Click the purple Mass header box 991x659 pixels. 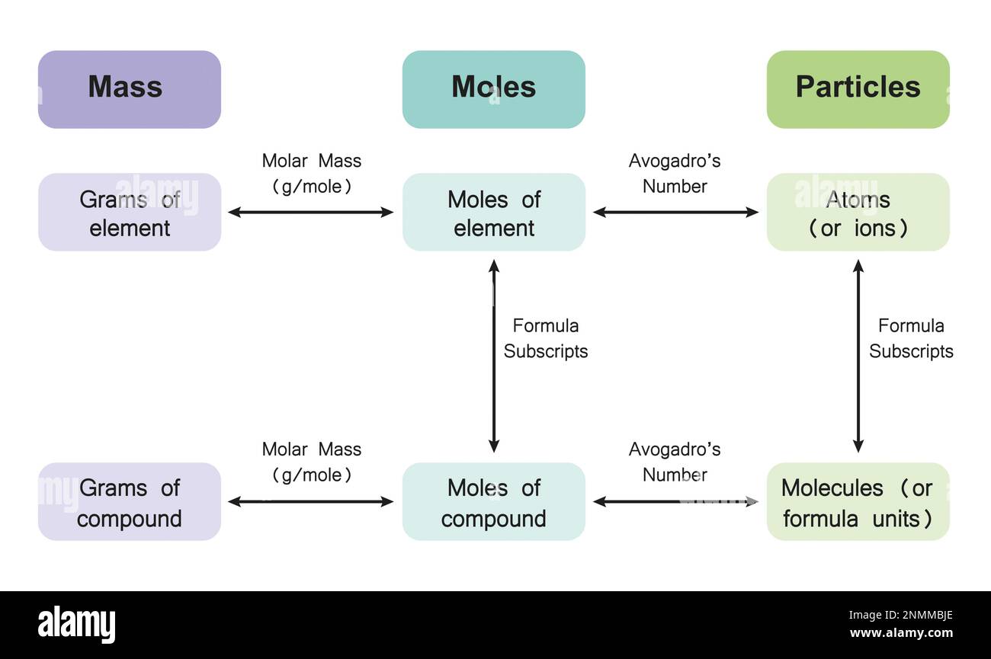point(129,89)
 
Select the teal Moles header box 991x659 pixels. point(494,89)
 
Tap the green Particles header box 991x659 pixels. point(858,89)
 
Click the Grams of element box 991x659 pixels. point(129,213)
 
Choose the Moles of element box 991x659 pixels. point(494,213)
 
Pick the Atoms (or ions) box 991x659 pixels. point(858,213)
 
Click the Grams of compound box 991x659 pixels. point(129,501)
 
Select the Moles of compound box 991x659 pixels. point(494,501)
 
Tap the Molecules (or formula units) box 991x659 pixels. point(858,501)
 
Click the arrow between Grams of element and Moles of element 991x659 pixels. point(310,213)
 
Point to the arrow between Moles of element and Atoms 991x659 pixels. point(675,213)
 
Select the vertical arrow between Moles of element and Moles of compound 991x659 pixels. point(494,356)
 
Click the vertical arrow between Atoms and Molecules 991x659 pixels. point(858,356)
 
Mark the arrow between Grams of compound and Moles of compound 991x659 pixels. point(310,501)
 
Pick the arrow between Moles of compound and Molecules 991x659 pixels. point(675,501)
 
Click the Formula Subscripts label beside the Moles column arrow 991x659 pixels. point(546,338)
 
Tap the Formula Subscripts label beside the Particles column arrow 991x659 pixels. point(911,338)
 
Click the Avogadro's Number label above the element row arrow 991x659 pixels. point(675,174)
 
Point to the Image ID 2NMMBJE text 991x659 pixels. point(900,615)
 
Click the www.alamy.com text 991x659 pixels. point(901,632)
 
